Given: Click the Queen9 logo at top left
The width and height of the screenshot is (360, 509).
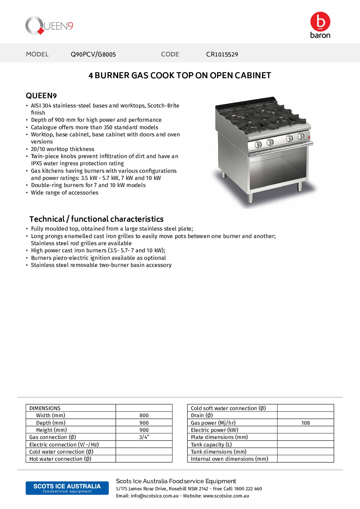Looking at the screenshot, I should (49, 26).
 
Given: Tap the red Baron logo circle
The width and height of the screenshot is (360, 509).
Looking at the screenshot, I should (320, 22).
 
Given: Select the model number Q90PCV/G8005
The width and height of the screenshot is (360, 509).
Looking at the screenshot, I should (93, 54).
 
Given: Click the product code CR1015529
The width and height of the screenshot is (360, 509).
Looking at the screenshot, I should (222, 54).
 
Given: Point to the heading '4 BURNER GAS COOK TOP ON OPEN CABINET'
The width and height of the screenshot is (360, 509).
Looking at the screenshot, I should (180, 75).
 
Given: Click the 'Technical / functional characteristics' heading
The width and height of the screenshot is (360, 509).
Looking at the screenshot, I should (96, 219).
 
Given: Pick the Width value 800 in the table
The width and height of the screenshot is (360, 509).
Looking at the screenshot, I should (144, 415).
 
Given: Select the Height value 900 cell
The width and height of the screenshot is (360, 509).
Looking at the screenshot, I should (144, 430).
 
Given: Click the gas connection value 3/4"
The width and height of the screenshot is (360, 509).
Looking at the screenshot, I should (144, 437).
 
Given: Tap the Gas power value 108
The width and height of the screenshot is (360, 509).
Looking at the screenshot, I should (306, 423).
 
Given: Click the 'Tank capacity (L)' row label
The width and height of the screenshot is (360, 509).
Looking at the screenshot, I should (211, 445).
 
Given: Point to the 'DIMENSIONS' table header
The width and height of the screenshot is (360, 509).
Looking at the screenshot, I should (45, 408).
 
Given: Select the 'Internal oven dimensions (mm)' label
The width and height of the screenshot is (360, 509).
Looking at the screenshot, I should (229, 459).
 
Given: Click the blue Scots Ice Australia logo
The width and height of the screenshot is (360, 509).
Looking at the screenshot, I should (67, 488).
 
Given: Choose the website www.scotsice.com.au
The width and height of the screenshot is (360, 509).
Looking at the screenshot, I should (226, 496).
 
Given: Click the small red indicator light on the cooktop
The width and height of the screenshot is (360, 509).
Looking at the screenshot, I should (309, 137).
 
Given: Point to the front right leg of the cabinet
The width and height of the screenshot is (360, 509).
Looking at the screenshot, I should (299, 186).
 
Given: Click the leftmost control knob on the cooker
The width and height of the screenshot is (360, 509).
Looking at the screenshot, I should (258, 144).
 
